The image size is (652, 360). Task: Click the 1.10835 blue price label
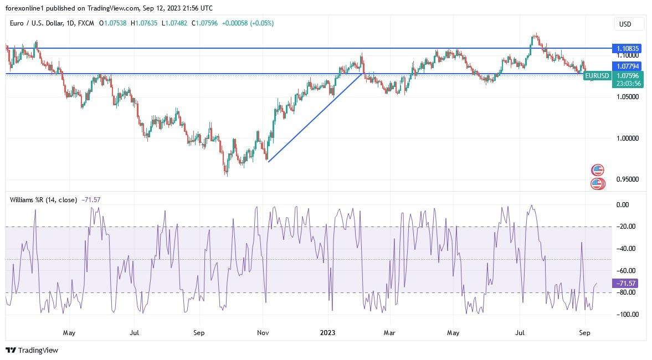click(628, 49)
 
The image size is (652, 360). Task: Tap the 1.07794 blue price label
click(628, 66)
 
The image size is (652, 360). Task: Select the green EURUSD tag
click(597, 75)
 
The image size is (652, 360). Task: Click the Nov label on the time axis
click(263, 333)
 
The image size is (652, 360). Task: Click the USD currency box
click(629, 24)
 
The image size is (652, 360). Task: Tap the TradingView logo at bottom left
click(32, 350)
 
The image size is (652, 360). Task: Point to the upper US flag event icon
click(597, 169)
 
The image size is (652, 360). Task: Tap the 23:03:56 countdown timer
click(628, 84)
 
